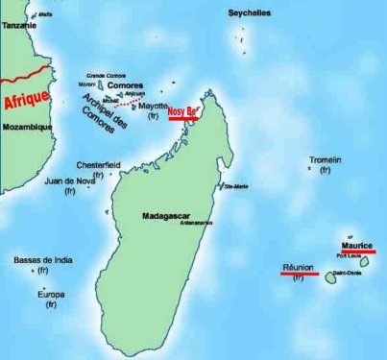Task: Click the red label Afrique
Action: tap(26, 99)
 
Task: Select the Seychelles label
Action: tap(250, 13)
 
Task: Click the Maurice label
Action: tap(356, 246)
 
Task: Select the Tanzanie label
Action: tap(18, 26)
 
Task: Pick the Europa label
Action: tap(50, 294)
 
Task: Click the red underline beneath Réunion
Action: tap(300, 274)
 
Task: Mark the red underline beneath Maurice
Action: tap(358, 252)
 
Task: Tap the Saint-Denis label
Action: tap(347, 274)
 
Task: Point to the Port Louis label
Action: tap(350, 256)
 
